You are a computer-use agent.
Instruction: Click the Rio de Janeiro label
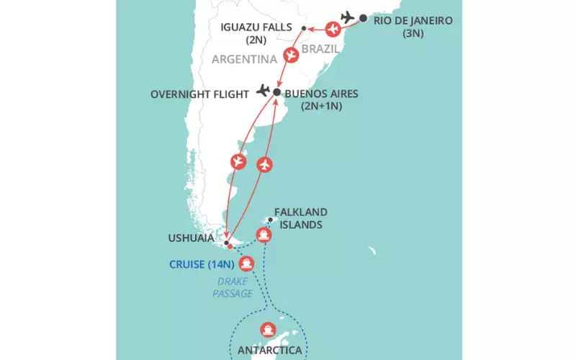tap(413, 20)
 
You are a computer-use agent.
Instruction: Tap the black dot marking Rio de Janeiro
tap(363, 18)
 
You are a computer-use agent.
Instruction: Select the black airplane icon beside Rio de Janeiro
tap(347, 17)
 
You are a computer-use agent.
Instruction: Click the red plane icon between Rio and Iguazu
tap(333, 30)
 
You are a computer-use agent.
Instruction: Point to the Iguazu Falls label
tap(258, 27)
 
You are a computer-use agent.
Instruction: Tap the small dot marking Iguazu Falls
tap(304, 29)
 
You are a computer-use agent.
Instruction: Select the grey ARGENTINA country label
tap(245, 59)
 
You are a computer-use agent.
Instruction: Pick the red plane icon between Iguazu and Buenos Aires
tap(291, 55)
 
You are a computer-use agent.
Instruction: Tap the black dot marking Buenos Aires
tap(276, 92)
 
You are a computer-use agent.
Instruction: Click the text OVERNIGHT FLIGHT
tap(201, 94)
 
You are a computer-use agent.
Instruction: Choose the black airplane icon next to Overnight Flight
tap(263, 91)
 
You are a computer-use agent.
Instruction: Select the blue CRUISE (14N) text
tap(201, 264)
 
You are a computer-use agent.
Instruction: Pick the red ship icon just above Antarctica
tap(269, 328)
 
